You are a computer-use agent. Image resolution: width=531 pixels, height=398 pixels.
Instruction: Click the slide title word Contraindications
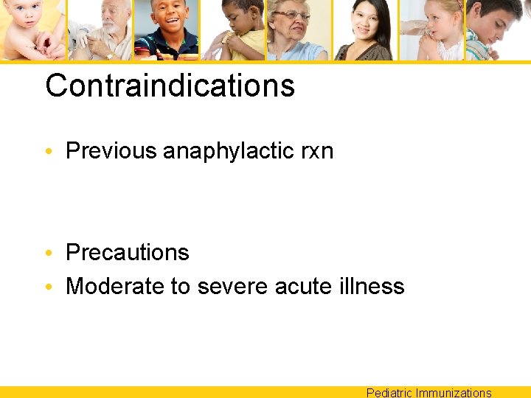click(170, 85)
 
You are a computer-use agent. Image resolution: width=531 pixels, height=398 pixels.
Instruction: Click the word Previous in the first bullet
click(111, 151)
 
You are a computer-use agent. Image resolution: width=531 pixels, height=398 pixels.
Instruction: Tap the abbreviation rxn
click(317, 152)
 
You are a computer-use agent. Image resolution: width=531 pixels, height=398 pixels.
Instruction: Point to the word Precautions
click(128, 253)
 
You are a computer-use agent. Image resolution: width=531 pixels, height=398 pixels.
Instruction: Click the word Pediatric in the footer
click(389, 393)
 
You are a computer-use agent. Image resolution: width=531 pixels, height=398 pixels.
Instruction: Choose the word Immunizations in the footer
click(454, 393)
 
